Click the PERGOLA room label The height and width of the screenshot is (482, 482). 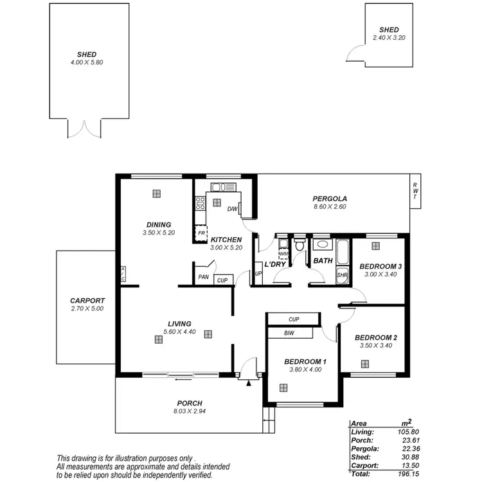(330, 198)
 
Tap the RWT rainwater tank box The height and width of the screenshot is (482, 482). (415, 191)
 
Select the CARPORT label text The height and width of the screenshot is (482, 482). (87, 300)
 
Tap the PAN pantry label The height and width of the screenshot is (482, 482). (204, 278)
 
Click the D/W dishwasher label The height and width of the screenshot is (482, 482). (233, 209)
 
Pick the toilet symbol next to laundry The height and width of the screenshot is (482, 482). (299, 247)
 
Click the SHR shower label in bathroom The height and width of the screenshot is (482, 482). (342, 275)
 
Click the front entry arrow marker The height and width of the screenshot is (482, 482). (248, 383)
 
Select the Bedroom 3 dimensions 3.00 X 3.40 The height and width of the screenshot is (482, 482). (380, 274)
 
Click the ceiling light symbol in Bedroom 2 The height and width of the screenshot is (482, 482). (364, 363)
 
